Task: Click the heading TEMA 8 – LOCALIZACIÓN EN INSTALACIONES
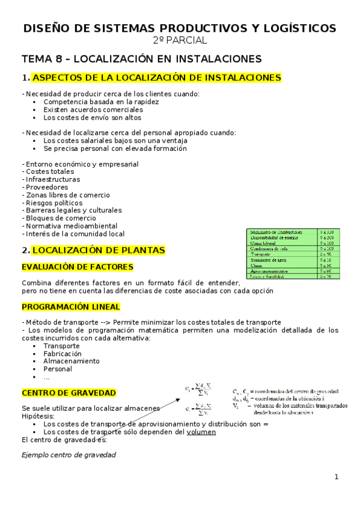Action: (x=141, y=59)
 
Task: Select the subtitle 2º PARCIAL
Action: (x=180, y=40)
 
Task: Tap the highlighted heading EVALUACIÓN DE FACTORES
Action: (x=78, y=266)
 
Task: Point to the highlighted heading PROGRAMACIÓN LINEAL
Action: (x=71, y=307)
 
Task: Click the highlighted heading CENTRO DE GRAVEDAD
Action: (x=69, y=393)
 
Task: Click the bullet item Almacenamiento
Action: (x=72, y=361)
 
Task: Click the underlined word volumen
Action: (x=201, y=432)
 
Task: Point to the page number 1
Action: (x=337, y=477)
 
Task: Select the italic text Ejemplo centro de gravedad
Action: (x=69, y=455)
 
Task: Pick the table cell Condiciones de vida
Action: (x=271, y=248)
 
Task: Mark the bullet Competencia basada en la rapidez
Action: (x=101, y=102)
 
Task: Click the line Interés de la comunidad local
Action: (x=75, y=234)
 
